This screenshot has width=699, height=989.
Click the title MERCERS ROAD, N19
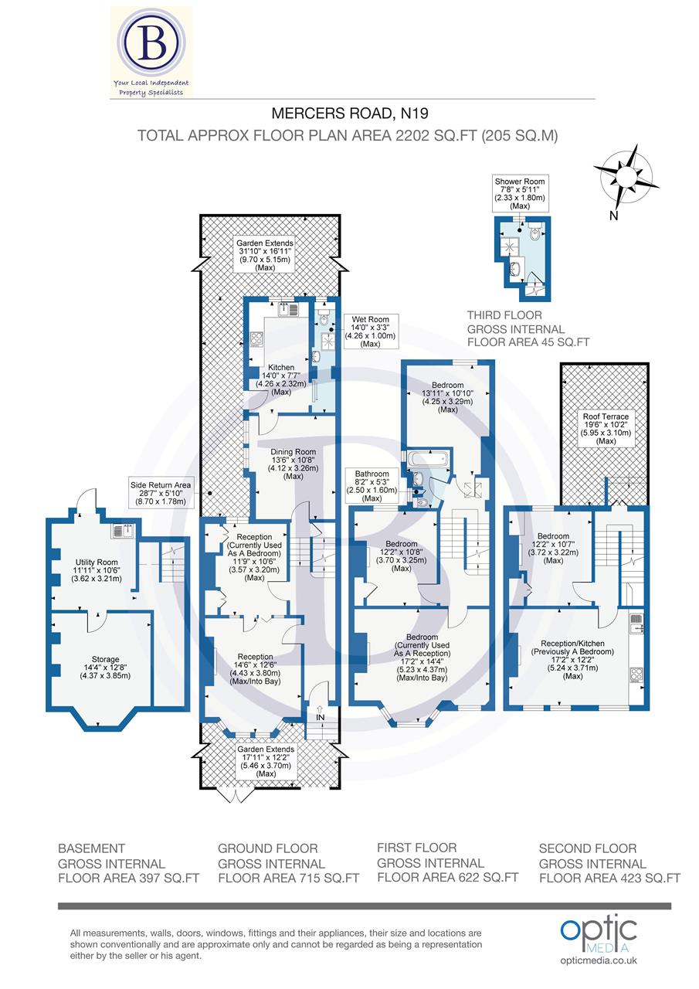(348, 115)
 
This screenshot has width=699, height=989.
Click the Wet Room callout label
(370, 331)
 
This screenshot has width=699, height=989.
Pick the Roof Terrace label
(606, 428)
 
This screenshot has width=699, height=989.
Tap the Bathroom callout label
(372, 485)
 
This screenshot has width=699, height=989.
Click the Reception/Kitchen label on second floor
(572, 659)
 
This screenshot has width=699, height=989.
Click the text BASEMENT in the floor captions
(91, 848)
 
